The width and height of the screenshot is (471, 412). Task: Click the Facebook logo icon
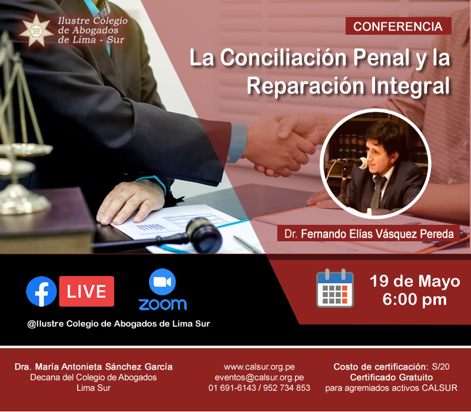pos(41,291)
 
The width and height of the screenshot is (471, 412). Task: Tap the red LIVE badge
pos(87,291)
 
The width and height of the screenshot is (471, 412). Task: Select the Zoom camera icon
pos(162,282)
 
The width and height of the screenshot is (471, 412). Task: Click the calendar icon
pos(335,288)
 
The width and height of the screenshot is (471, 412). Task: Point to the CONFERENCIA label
pos(398,26)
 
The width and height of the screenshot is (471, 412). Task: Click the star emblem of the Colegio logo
pos(36,31)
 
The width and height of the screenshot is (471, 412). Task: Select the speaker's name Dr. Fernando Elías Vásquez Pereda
pos(369,234)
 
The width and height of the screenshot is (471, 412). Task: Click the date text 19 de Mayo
pos(415,281)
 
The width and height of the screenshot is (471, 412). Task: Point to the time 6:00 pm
pos(414,300)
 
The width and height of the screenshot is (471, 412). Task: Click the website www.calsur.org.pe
pos(259,367)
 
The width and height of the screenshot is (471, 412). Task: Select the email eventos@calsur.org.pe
pos(259,377)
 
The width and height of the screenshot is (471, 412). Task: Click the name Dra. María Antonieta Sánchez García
pos(94,367)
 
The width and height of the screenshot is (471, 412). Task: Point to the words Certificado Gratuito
pos(392,377)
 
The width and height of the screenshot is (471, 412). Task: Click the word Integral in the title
pos(410,85)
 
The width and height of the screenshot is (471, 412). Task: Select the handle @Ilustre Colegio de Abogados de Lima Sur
pos(119,324)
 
